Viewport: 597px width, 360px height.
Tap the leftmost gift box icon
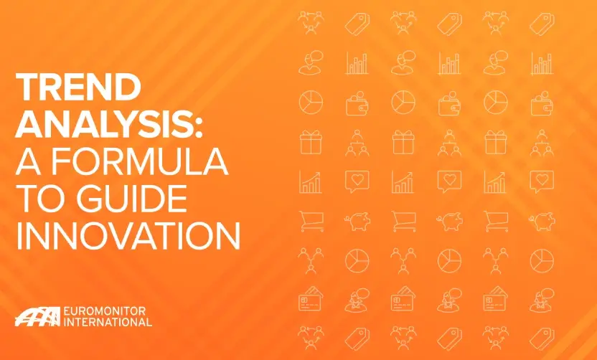[x=311, y=141]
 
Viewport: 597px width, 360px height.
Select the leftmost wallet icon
[x=357, y=102]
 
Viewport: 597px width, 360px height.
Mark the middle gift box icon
[x=403, y=141]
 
